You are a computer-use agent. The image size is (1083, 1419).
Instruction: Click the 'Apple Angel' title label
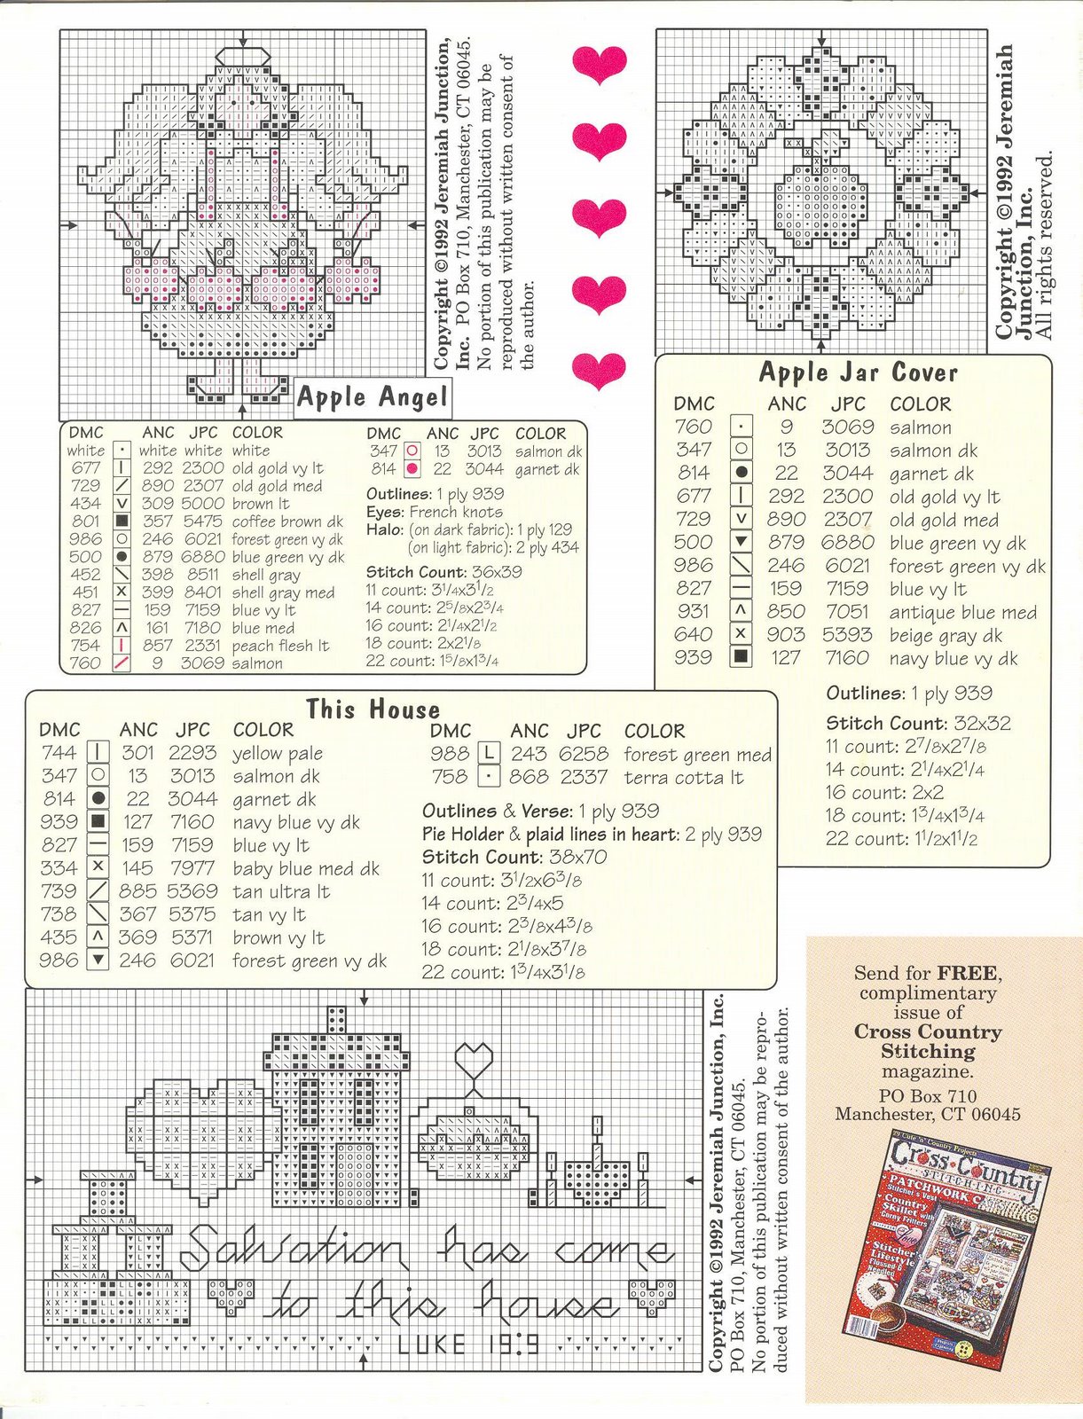pyautogui.click(x=372, y=397)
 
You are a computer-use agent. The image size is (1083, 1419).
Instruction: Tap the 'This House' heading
pyautogui.click(x=373, y=709)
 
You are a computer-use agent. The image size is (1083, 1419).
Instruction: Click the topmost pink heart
pyautogui.click(x=600, y=63)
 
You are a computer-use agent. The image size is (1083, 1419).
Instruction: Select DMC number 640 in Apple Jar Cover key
pyautogui.click(x=693, y=635)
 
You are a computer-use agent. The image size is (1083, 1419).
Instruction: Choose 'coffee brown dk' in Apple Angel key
pyautogui.click(x=286, y=521)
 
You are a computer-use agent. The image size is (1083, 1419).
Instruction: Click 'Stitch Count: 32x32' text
pyautogui.click(x=918, y=723)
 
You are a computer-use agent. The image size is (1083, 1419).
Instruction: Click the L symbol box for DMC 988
pyautogui.click(x=489, y=754)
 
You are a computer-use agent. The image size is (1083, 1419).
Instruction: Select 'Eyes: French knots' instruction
pyautogui.click(x=434, y=512)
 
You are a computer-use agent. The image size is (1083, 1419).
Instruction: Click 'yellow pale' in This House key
pyautogui.click(x=277, y=754)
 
